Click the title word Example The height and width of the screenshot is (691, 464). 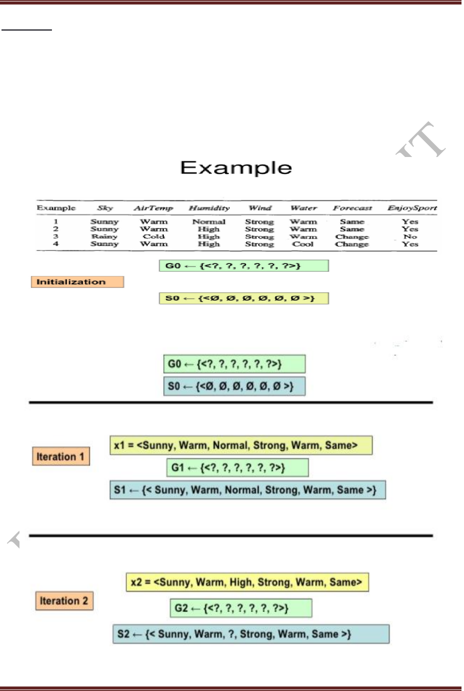click(236, 168)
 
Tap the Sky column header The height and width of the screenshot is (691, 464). click(105, 208)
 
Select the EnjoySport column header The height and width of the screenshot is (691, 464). click(412, 208)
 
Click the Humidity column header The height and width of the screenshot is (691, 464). click(209, 208)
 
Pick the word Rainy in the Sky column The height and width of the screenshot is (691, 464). click(104, 236)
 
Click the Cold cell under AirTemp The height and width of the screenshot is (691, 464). click(154, 236)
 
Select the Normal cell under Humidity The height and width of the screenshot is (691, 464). click(209, 221)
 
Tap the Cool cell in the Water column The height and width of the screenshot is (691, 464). click(303, 244)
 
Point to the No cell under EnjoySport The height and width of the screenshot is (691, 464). click(410, 236)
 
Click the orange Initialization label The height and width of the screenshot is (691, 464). click(77, 282)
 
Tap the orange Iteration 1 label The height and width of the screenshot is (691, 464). click(61, 456)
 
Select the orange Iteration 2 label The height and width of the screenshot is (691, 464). click(64, 601)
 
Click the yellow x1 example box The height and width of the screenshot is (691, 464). click(241, 445)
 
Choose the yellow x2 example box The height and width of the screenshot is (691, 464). click(247, 582)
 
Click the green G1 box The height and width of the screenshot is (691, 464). click(237, 467)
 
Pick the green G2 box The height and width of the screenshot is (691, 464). click(241, 608)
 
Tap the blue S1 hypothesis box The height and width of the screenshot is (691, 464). click(248, 490)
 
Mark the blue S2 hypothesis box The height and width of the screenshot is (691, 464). click(251, 634)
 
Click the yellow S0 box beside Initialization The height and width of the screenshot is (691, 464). click(244, 298)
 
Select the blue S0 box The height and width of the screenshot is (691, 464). click(234, 386)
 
